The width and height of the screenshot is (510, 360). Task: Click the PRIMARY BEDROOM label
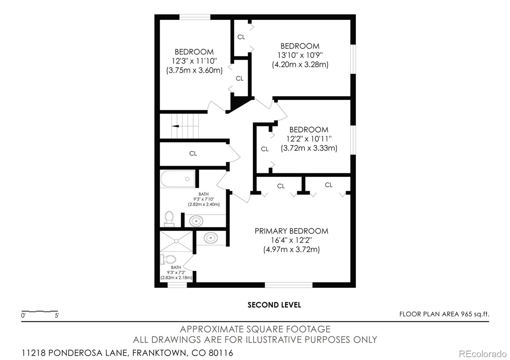pos(291,231)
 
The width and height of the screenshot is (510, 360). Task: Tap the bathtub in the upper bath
pos(178,179)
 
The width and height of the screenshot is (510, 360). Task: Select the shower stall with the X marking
pos(176,241)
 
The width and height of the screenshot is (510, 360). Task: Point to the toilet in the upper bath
pos(169,219)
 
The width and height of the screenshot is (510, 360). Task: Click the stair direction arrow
pos(175,126)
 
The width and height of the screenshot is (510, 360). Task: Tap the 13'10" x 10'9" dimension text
pos(300,55)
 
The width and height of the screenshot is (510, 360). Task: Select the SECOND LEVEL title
pos(274,305)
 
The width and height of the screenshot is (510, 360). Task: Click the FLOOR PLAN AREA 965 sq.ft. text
pos(444,314)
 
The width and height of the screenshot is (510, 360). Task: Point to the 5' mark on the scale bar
pos(57,315)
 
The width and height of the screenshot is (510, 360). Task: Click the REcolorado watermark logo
pos(483,354)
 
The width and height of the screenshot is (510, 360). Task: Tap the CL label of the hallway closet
pos(193,154)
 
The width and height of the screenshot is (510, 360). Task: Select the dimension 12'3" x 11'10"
pos(194,61)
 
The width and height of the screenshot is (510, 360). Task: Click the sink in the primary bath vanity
pos(211,238)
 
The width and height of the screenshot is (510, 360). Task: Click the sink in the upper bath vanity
pos(196,221)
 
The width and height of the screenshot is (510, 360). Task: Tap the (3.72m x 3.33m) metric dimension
pos(309,148)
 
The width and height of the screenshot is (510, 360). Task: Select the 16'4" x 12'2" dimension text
pos(291,240)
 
